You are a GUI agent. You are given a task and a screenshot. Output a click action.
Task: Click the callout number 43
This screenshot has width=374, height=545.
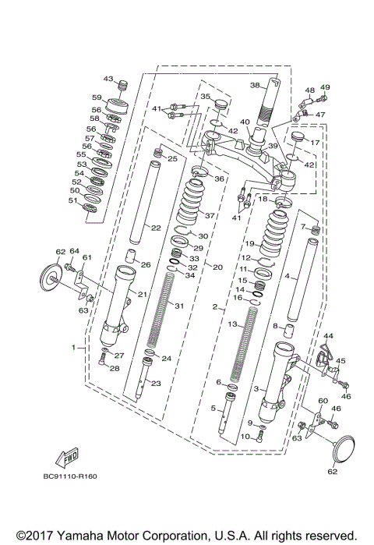tap(108, 80)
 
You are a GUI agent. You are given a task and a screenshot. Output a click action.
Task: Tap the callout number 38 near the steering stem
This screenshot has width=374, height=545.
tap(254, 85)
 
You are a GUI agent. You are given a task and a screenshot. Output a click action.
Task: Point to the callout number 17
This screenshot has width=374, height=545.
tap(316, 143)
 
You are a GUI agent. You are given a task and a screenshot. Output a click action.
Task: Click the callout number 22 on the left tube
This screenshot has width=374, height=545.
tap(156, 228)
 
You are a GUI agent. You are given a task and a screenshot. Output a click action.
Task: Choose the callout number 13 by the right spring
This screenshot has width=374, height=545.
tap(231, 324)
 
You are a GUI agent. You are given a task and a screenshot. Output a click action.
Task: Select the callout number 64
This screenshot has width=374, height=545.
tap(75, 251)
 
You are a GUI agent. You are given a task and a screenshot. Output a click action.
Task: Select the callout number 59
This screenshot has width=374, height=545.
tap(97, 97)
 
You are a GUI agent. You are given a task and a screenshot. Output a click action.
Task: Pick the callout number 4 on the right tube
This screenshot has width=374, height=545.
tap(287, 276)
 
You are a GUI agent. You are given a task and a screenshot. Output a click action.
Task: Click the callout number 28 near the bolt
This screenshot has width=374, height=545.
tap(115, 368)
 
